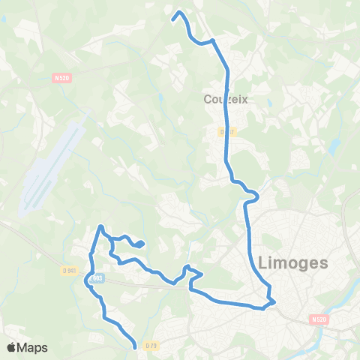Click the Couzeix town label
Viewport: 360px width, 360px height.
225,98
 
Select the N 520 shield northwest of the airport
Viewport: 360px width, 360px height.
61,78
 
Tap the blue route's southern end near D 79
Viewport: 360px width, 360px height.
135,346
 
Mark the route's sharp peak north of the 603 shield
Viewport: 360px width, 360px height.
100,226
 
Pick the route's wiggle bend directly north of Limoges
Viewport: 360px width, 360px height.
253,196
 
